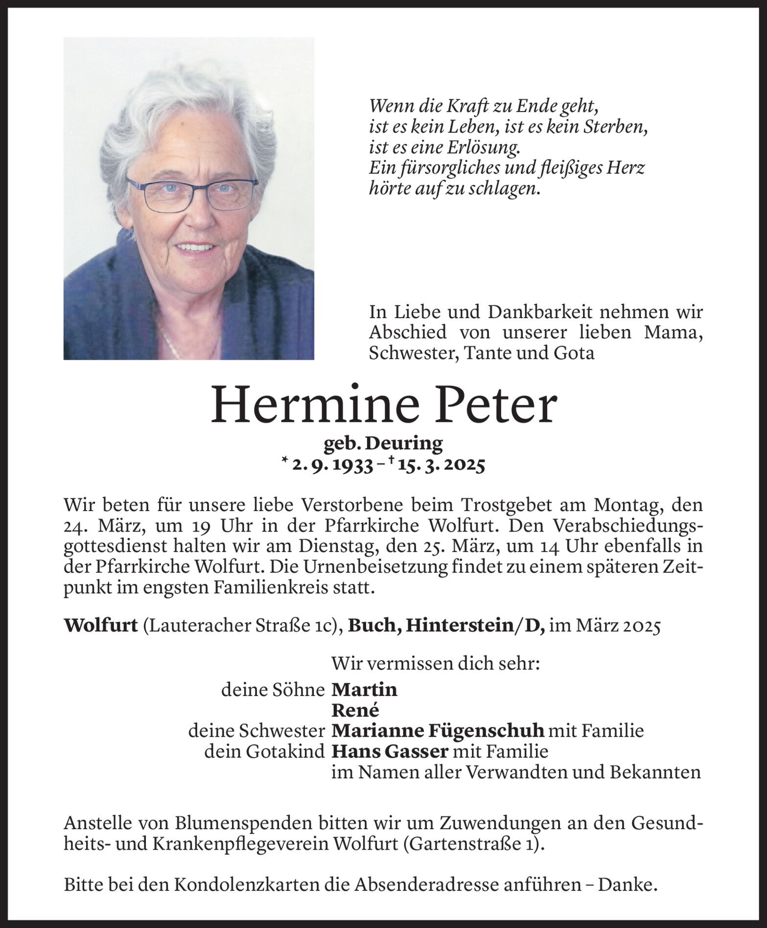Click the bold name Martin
point(364,690)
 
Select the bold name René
point(355,710)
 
